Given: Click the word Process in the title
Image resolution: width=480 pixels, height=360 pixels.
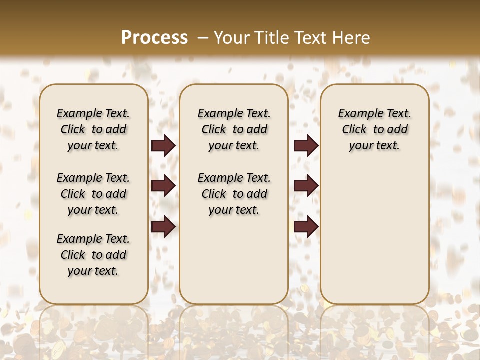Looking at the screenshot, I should [x=154, y=37].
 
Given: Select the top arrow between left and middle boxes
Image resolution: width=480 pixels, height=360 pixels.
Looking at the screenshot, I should [x=163, y=146].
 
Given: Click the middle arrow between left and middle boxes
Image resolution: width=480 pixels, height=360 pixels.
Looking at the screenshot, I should [x=163, y=186].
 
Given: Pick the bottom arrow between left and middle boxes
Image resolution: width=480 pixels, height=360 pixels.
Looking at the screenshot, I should [x=163, y=226].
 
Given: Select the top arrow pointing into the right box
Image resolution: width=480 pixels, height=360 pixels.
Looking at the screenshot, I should [x=306, y=146].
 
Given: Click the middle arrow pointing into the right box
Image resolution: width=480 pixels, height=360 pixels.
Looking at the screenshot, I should [x=306, y=186].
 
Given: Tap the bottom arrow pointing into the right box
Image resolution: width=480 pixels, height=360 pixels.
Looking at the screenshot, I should [x=306, y=226].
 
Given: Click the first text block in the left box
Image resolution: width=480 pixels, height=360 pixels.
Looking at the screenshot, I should [x=93, y=129].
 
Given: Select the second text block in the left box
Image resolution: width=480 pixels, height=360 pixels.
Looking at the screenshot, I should [x=93, y=194].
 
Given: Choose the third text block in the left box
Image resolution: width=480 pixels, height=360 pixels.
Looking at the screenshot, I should [x=93, y=255].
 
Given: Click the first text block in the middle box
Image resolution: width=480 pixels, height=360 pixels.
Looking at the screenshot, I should [x=234, y=129].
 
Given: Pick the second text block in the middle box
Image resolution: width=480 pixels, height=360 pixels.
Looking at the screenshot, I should [x=234, y=194].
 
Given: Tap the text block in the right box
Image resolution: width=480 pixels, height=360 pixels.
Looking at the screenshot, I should [x=374, y=129].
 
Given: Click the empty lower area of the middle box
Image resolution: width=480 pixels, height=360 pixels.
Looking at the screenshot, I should [x=234, y=260].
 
